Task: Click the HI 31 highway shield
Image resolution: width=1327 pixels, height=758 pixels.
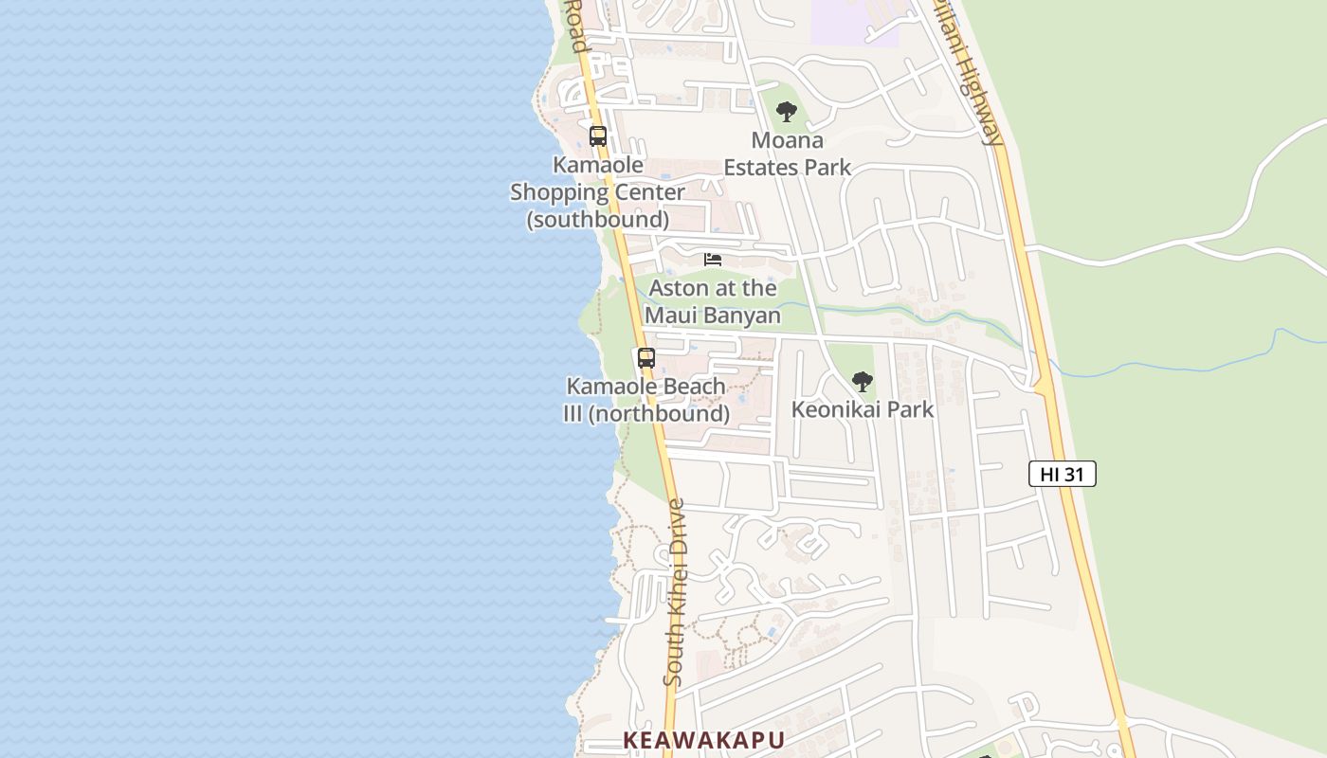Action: [1062, 474]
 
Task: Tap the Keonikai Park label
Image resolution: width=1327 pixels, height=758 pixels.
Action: [863, 409]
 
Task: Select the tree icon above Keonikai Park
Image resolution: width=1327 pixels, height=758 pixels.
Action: [862, 382]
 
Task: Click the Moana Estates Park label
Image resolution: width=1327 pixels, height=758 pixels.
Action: [787, 154]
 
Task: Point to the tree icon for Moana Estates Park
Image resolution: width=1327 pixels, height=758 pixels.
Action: [786, 112]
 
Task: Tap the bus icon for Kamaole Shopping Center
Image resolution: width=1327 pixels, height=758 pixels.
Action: [597, 135]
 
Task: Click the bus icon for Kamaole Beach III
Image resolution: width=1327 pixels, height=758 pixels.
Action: [646, 358]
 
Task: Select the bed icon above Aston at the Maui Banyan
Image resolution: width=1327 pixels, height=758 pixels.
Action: [713, 260]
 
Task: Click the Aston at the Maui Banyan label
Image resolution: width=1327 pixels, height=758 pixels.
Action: [713, 301]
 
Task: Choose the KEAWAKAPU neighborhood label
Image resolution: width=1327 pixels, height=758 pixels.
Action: [703, 740]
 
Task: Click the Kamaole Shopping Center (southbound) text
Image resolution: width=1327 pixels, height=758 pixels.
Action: [597, 192]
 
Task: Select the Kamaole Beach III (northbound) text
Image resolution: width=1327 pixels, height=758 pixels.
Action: [646, 400]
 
